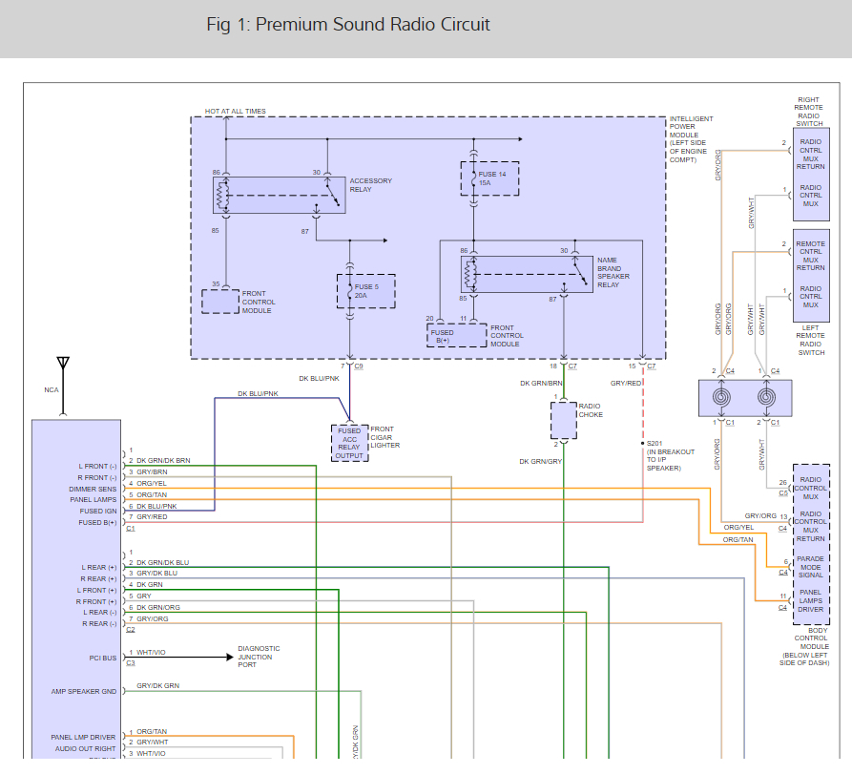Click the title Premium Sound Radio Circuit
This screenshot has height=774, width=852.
(x=348, y=24)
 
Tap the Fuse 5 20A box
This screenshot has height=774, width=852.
(x=365, y=291)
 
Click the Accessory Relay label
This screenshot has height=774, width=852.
(x=370, y=184)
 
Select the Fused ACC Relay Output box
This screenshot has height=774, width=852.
(x=349, y=443)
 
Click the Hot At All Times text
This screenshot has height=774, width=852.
(x=235, y=112)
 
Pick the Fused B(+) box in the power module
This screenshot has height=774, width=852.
(x=444, y=335)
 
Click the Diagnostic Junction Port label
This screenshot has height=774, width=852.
(x=259, y=657)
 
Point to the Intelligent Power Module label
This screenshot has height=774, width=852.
(x=691, y=139)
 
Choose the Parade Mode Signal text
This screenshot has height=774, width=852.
(x=810, y=567)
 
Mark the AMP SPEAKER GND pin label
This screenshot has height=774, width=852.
(x=84, y=691)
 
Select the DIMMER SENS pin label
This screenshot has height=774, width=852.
(x=93, y=489)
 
